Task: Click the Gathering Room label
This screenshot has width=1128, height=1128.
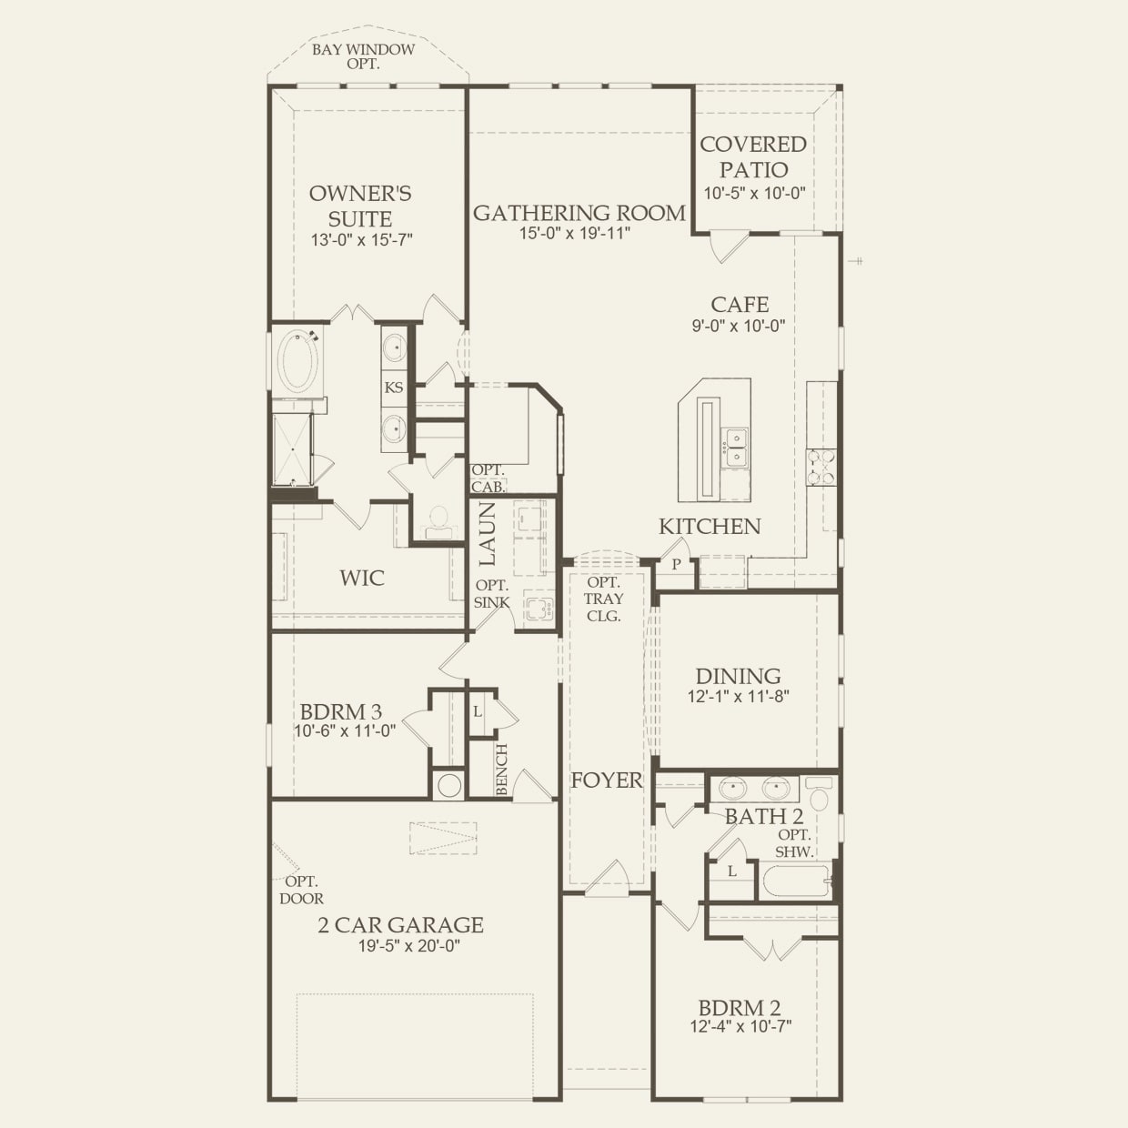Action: [x=579, y=213]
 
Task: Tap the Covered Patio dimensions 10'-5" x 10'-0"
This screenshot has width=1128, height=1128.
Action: [x=754, y=194]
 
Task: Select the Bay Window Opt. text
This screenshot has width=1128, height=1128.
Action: [x=363, y=56]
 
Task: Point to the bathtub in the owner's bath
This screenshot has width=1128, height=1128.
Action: [x=297, y=362]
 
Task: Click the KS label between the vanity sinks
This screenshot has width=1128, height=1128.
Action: [x=394, y=388]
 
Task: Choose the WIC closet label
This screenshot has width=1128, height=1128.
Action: [x=362, y=578]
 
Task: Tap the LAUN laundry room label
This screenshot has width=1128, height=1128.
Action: [x=488, y=534]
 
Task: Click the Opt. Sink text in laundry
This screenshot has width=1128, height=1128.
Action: [x=491, y=594]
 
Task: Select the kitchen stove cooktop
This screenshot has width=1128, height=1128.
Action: [x=821, y=467]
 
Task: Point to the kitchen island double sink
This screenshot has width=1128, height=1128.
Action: [x=735, y=448]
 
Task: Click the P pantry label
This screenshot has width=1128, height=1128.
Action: [x=676, y=564]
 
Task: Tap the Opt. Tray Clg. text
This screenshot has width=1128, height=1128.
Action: [x=604, y=599]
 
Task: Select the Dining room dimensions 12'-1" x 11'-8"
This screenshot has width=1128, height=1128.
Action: [x=738, y=697]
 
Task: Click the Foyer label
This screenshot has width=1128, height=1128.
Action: [x=606, y=780]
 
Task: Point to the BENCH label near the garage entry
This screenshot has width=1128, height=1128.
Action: [x=502, y=770]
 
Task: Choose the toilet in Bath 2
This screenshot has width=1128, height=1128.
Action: [x=820, y=796]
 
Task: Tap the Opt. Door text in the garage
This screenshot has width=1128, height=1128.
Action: [x=301, y=890]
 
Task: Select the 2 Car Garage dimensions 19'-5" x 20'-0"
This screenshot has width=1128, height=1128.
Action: [x=408, y=946]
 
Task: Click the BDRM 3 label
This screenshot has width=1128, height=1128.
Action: [x=341, y=712]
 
